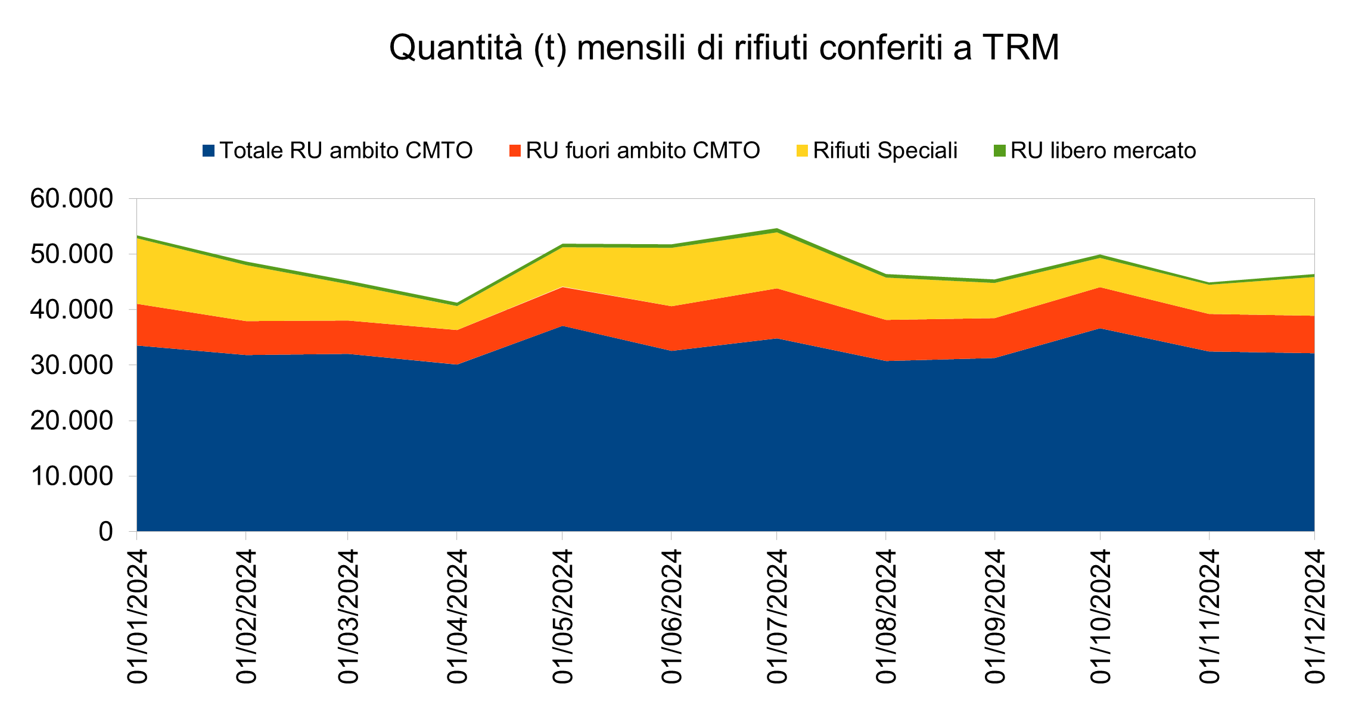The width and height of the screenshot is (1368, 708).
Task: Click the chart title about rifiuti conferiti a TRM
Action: pyautogui.click(x=724, y=48)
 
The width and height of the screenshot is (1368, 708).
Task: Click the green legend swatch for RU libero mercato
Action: pyautogui.click(x=999, y=151)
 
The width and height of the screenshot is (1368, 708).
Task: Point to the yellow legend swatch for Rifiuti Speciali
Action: pyautogui.click(x=802, y=151)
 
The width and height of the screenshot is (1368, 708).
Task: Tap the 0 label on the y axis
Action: pyautogui.click(x=105, y=531)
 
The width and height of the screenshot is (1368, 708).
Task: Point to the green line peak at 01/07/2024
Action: pyautogui.click(x=776, y=229)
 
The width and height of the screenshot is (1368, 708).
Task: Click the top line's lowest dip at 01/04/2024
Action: pyautogui.click(x=456, y=304)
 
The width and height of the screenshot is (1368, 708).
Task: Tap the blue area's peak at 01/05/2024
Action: pyautogui.click(x=562, y=326)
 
